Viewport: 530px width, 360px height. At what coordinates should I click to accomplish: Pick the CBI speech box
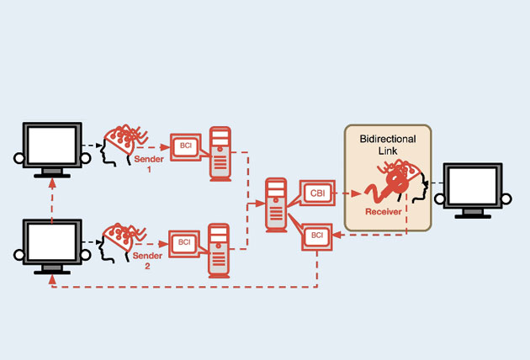[317, 193]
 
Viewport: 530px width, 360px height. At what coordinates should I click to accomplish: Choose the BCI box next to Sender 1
[184, 145]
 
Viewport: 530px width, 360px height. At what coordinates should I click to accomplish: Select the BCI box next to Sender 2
[184, 243]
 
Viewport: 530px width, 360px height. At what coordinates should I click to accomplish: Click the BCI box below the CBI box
[317, 236]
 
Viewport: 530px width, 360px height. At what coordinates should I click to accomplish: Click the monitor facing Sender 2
[52, 243]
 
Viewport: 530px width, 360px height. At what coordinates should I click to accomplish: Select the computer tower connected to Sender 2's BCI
[220, 250]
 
